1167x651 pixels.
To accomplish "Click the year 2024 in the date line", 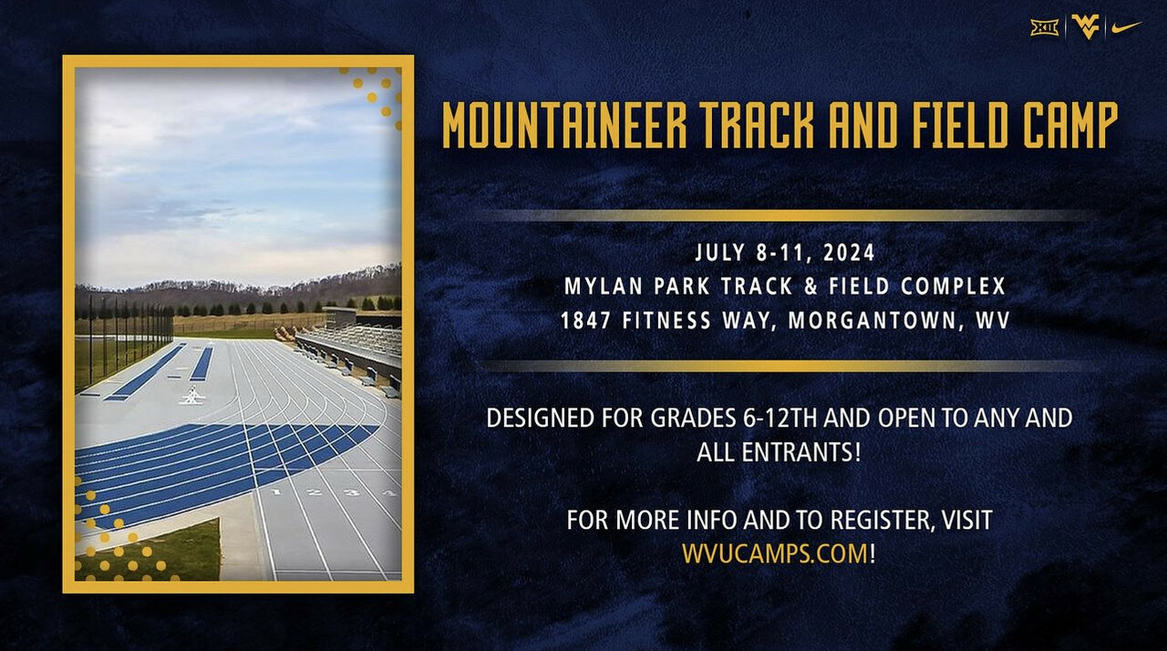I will click(849, 252).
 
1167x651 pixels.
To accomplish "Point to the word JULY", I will click(720, 252).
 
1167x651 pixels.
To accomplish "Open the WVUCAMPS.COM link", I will click(775, 553).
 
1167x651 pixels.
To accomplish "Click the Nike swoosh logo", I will click(1125, 27).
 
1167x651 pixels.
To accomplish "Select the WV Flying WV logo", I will click(1085, 26).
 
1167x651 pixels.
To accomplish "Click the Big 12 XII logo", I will click(1045, 27).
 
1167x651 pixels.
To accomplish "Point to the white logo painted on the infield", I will click(192, 397).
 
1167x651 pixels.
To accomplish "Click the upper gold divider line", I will click(784, 216).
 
